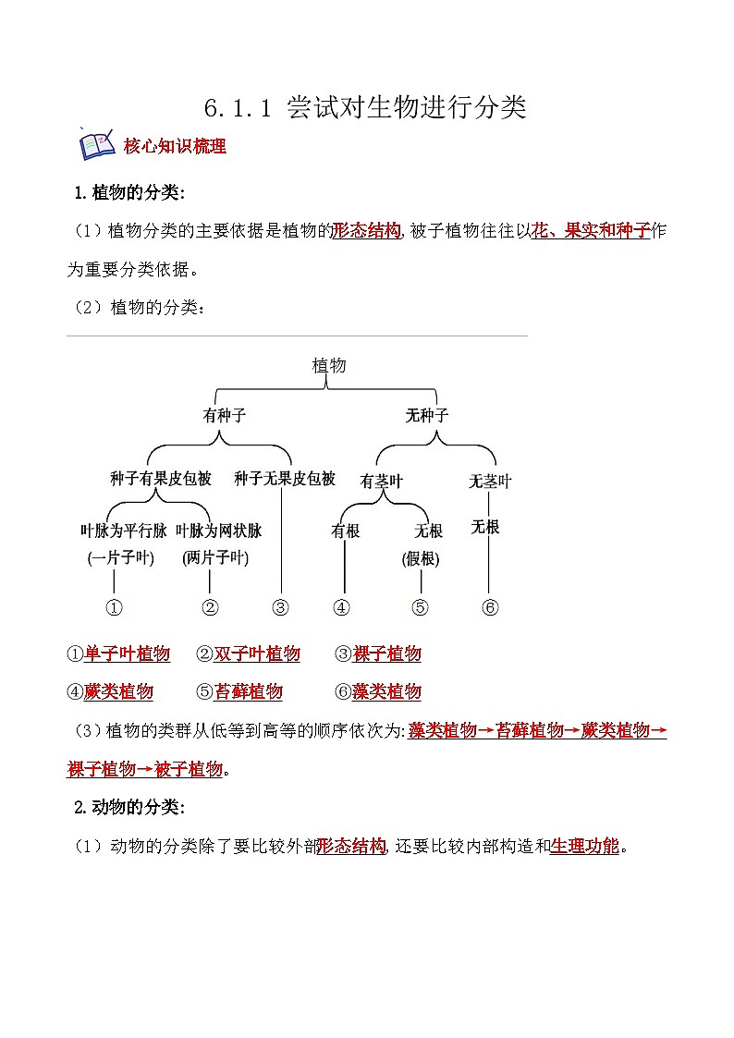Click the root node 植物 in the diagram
329,365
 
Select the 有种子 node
225,416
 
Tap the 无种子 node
427,416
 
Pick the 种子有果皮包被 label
160,479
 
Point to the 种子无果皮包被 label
284,479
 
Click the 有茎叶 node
382,482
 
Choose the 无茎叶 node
489,482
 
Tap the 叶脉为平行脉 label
124,531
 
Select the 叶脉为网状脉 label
218,531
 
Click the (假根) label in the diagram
421,559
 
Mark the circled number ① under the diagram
115,607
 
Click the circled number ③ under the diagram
281,607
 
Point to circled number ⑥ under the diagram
490,607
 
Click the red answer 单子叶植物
128,654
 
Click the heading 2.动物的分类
129,807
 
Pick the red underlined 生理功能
584,846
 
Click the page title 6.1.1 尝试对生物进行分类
365,108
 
